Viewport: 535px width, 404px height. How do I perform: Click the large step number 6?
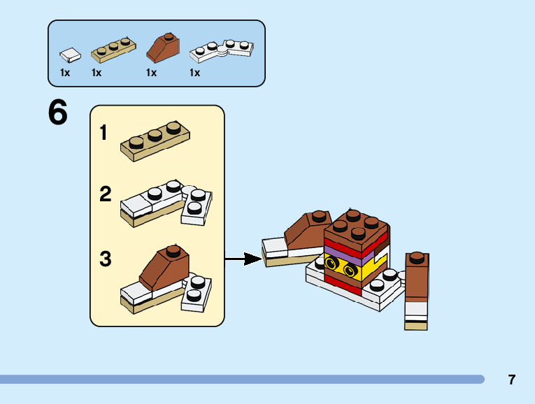(58, 113)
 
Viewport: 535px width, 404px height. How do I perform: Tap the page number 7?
(512, 380)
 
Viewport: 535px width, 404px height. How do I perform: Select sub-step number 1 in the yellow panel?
(104, 132)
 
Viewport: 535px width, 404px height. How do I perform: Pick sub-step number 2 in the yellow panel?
(105, 194)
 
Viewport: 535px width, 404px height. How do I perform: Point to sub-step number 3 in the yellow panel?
(105, 259)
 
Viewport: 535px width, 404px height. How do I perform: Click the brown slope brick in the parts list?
(164, 48)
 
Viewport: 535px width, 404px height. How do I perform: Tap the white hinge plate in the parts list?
(221, 49)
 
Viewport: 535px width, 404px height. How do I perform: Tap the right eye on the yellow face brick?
(349, 269)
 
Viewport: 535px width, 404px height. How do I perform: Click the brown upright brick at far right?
(416, 276)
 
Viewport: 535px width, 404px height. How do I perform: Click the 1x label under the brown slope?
(151, 73)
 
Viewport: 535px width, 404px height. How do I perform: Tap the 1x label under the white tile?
(65, 73)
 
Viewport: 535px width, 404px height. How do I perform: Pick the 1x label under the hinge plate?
(194, 73)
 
